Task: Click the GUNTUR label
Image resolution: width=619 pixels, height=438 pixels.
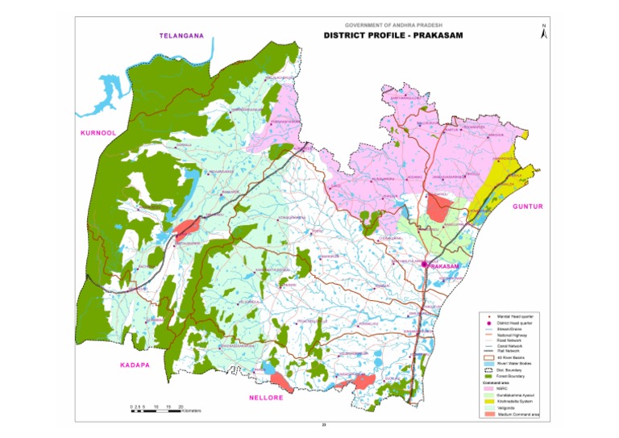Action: pyautogui.click(x=529, y=206)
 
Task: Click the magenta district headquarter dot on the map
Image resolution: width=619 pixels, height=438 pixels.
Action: pyautogui.click(x=425, y=264)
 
